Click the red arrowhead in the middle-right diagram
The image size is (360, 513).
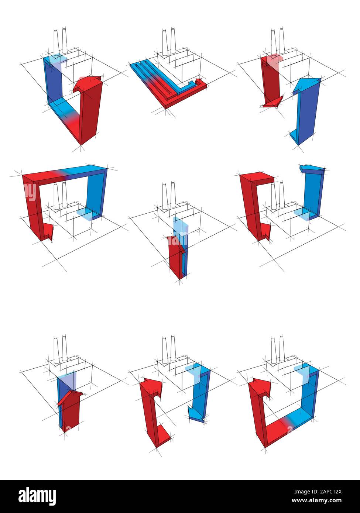264,233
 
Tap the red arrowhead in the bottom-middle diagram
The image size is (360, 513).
149,385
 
